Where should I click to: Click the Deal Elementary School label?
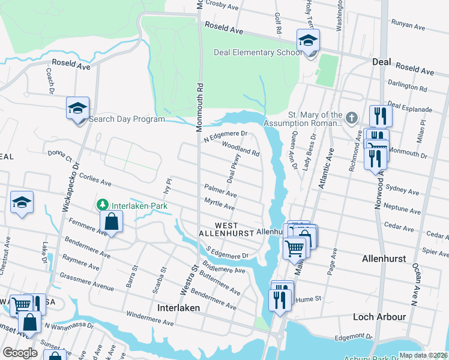pyautogui.click(x=258, y=52)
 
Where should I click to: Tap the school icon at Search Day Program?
pyautogui.click(x=78, y=109)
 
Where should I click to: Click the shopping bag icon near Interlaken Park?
pyautogui.click(x=112, y=222)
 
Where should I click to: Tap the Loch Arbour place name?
pyautogui.click(x=381, y=316)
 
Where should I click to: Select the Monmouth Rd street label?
pyautogui.click(x=199, y=108)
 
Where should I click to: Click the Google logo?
pyautogui.click(x=20, y=353)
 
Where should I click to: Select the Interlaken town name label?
pyautogui.click(x=178, y=307)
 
